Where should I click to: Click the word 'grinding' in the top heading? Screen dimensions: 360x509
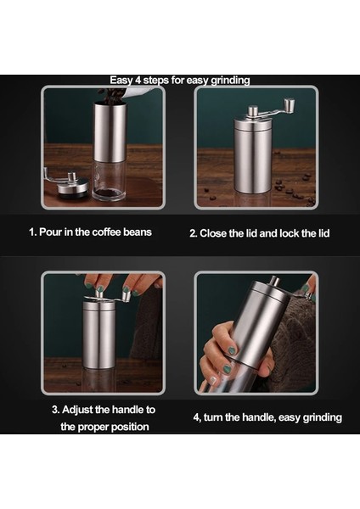pos(230,81)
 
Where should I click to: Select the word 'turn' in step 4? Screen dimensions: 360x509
pos(213,417)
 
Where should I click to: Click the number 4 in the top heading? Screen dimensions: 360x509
pos(138,81)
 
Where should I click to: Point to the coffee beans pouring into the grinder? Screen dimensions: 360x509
pos(111,96)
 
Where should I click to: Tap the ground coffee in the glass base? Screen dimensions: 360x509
pos(109,193)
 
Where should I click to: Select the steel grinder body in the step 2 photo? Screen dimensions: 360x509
pos(252,156)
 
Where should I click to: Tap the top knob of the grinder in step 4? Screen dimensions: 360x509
pos(274,281)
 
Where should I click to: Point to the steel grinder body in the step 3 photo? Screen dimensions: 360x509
pos(98,335)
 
